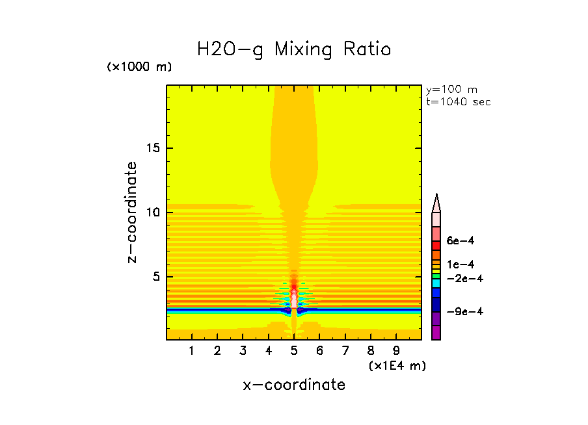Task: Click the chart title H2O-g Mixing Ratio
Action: click(x=294, y=49)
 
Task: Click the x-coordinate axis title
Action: click(x=294, y=385)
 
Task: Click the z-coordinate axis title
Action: click(x=133, y=212)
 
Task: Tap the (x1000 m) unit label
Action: click(x=139, y=67)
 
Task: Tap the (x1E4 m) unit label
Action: click(x=397, y=366)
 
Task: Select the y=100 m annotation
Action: click(x=451, y=90)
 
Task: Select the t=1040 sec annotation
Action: click(x=458, y=101)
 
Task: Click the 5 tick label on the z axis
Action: click(x=155, y=276)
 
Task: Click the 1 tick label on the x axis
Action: click(x=192, y=352)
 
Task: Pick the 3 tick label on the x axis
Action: click(x=243, y=352)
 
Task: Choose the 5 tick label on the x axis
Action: click(x=294, y=352)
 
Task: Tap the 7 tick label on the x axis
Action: click(x=345, y=352)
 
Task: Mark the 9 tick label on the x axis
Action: click(x=396, y=352)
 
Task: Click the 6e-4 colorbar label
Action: click(x=460, y=240)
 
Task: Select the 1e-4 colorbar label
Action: click(x=460, y=264)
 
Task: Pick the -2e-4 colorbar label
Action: click(x=462, y=278)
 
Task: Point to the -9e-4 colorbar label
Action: click(x=462, y=311)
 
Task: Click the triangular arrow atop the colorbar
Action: click(x=436, y=202)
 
